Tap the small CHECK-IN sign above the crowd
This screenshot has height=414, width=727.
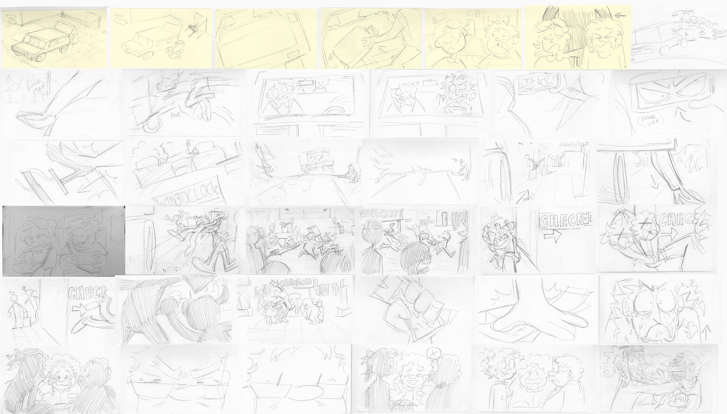294,283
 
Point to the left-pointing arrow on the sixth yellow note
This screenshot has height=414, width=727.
621,16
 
